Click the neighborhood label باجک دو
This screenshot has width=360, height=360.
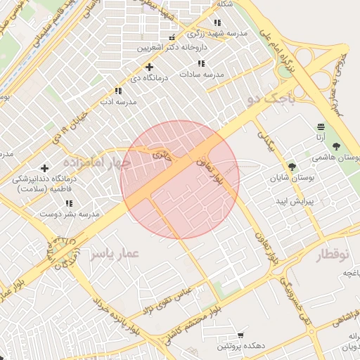(x=278, y=98)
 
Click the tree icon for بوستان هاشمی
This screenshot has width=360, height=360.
(x=335, y=146)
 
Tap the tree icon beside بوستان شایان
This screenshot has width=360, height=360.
(x=292, y=167)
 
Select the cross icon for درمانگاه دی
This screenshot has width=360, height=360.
(x=149, y=66)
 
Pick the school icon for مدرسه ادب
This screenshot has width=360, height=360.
(x=118, y=91)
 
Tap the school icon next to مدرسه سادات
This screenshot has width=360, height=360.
(x=202, y=63)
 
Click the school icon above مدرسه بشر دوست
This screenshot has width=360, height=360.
(x=69, y=203)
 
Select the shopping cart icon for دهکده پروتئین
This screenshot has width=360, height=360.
(x=240, y=335)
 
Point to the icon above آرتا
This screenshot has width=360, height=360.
(x=321, y=127)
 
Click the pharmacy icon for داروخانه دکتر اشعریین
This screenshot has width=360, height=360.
(x=172, y=37)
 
